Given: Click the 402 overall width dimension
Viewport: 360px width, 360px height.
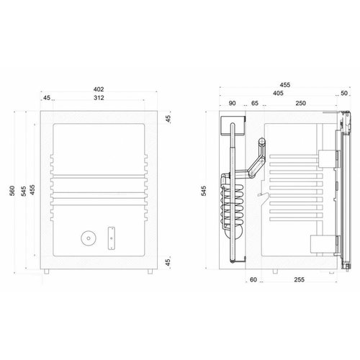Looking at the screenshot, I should tap(98, 89).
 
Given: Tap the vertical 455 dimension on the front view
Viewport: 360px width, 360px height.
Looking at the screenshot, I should tap(32, 190).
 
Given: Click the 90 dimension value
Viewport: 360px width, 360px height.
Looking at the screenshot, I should tap(233, 104).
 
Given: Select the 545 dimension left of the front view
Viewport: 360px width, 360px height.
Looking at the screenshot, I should tap(23, 190).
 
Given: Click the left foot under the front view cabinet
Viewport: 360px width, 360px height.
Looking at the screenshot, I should tap(46, 271).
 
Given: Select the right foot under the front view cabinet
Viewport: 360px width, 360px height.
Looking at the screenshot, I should tap(150, 271).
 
